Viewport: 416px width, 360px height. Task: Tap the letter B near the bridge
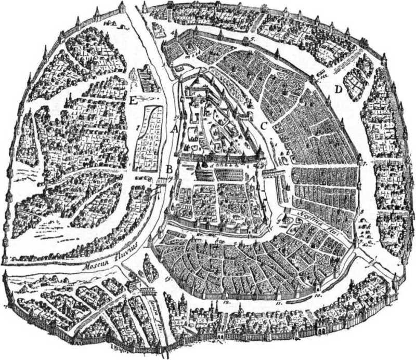point(169,168)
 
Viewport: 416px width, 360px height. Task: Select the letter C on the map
point(264,125)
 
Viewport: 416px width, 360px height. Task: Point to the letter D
point(339,90)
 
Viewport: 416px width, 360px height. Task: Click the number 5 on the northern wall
point(251,39)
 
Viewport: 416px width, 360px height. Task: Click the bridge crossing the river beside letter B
point(161,179)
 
